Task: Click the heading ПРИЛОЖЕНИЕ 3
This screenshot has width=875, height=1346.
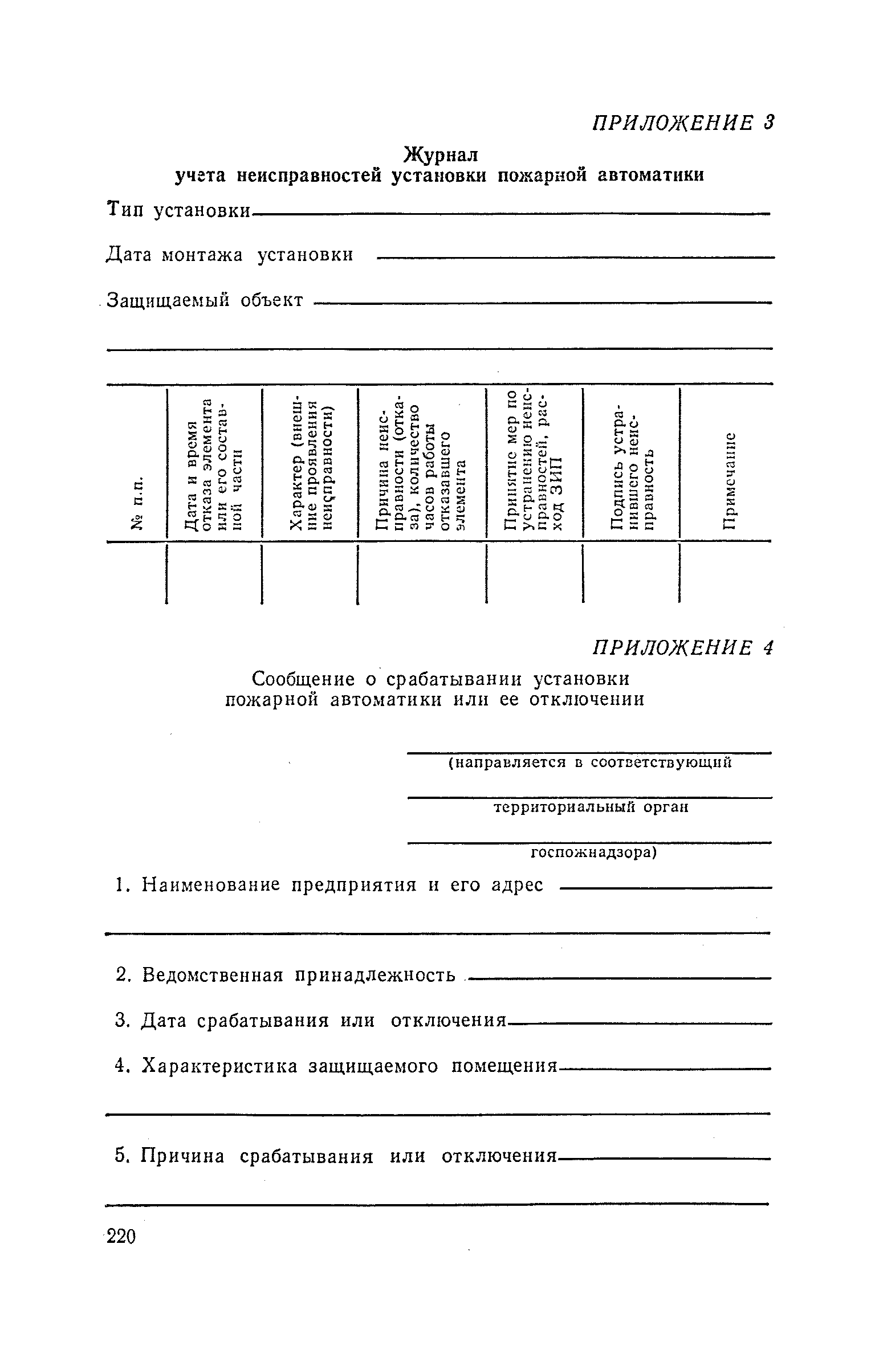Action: coord(682,123)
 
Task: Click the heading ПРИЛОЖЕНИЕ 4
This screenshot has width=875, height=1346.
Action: coord(682,648)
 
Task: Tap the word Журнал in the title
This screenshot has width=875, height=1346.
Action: coord(441,154)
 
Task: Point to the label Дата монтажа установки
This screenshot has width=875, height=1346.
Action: coord(230,255)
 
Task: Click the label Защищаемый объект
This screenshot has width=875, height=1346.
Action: coord(206,300)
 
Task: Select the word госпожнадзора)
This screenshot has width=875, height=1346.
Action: coord(594,853)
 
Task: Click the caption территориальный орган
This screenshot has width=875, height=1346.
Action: coord(591,808)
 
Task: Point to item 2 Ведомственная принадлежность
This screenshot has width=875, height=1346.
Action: coord(285,975)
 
